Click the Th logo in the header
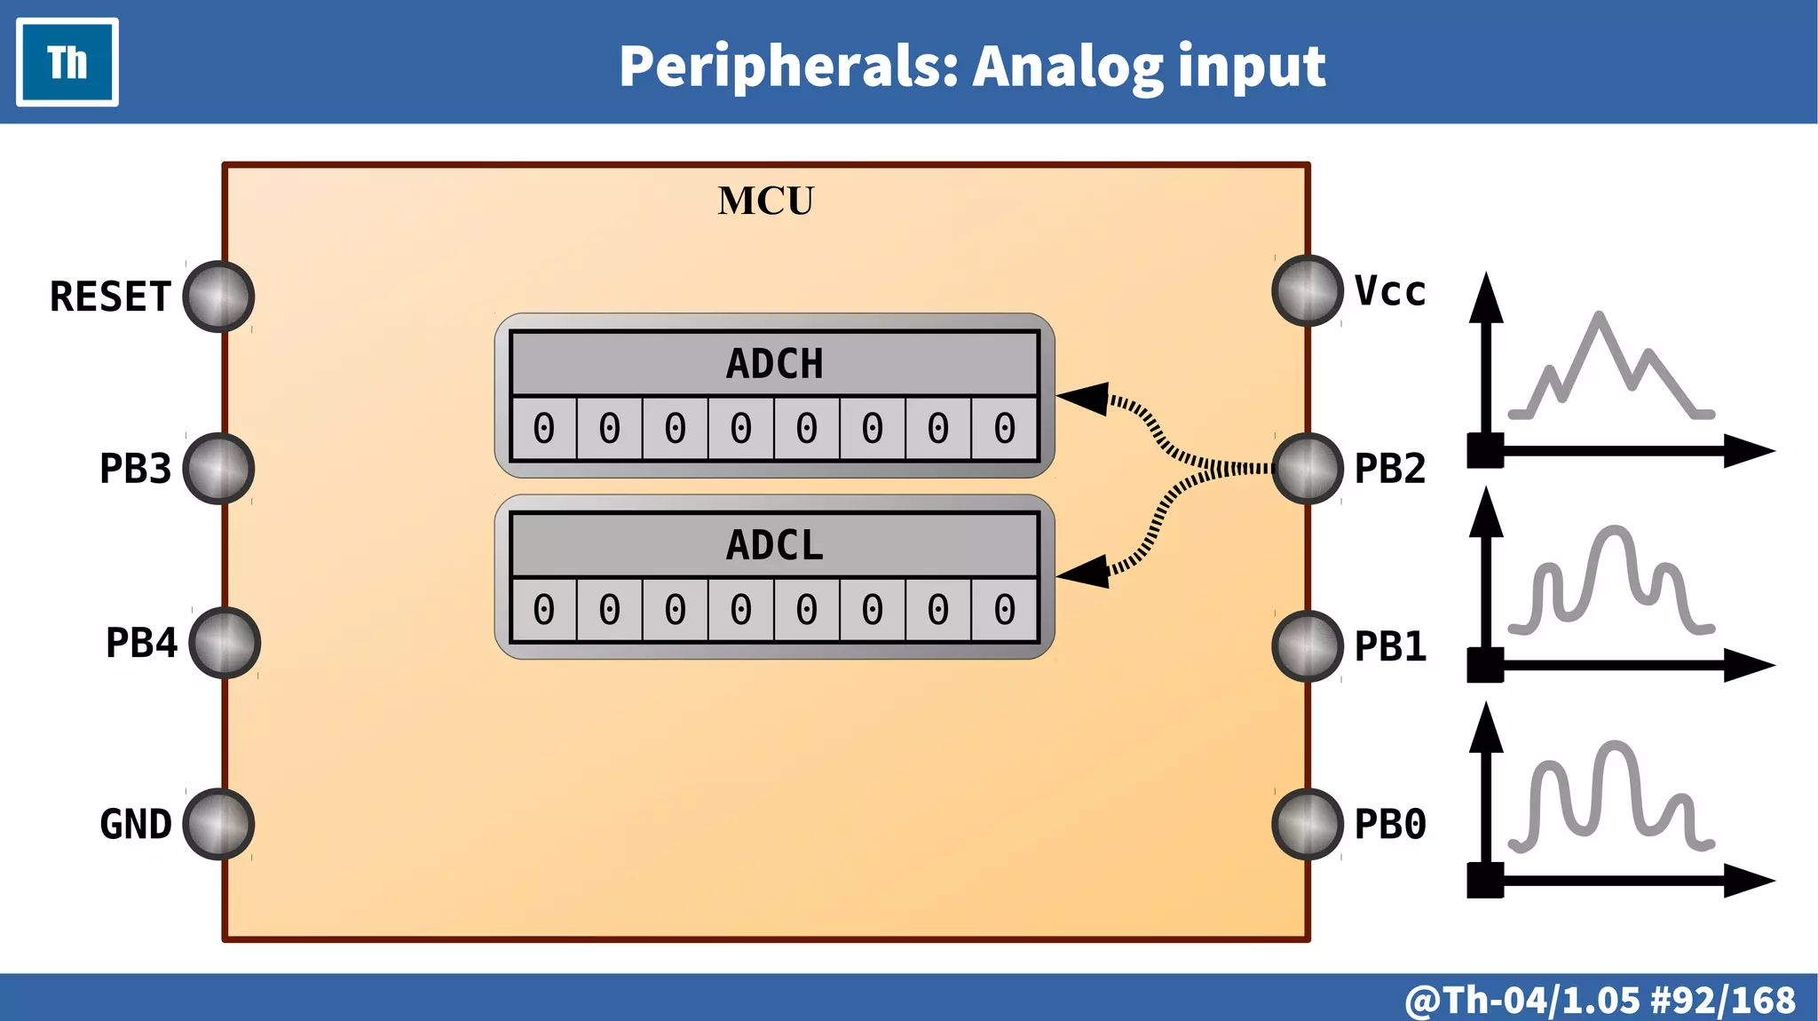point(67,62)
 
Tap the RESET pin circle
point(218,297)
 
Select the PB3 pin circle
point(218,469)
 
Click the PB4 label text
point(141,643)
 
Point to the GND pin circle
point(218,824)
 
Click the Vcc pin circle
point(1307,290)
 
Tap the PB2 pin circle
point(1307,469)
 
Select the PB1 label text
point(1390,646)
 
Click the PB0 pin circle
point(1307,824)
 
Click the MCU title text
point(765,201)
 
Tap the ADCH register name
point(774,364)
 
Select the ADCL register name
point(774,545)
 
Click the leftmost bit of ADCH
point(544,429)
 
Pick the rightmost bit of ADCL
point(1004,610)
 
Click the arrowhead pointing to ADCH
point(1085,399)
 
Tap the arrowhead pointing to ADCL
point(1085,571)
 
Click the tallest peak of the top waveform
point(1600,316)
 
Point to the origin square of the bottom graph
point(1485,880)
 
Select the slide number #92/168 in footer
point(1722,1000)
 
